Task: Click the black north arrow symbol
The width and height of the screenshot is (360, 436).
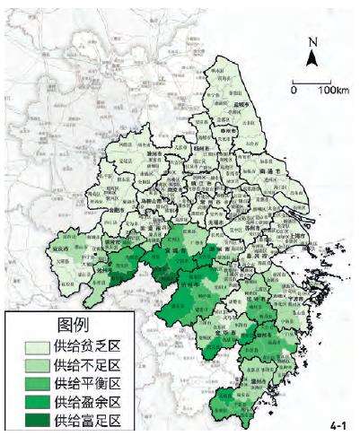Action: (312, 58)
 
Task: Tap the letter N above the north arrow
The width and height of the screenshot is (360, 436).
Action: (312, 41)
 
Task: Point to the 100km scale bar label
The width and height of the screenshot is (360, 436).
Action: (333, 92)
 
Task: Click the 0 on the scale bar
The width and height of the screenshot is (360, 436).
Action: (294, 92)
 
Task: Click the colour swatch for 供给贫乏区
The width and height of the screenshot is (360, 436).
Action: (29, 346)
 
